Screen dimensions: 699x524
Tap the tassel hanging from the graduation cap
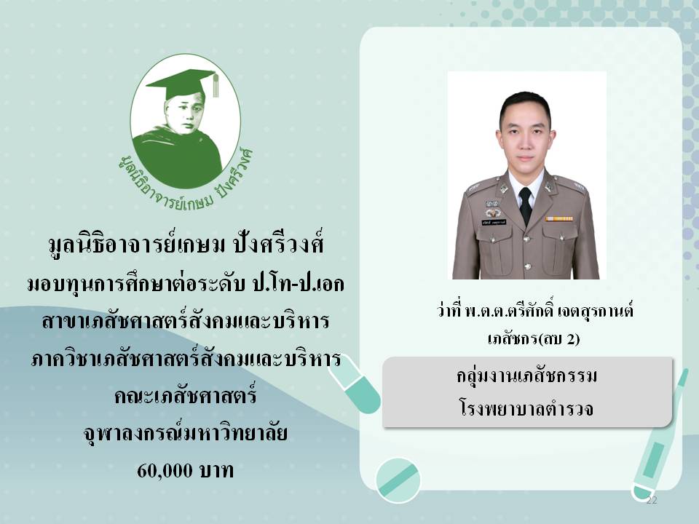coord(216,84)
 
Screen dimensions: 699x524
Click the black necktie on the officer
coord(526,205)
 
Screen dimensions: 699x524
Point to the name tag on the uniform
coord(494,222)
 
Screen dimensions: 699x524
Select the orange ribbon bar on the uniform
coord(559,219)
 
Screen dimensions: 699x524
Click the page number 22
coord(652,501)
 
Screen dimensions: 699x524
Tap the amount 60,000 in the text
coord(165,471)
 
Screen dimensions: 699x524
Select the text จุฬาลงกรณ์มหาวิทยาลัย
coord(186,432)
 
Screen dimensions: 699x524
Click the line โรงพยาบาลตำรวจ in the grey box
coord(526,408)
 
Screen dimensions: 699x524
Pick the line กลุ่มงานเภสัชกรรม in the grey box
coord(526,376)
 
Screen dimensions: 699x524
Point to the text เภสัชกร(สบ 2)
coord(534,339)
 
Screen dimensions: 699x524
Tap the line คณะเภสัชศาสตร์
coord(186,395)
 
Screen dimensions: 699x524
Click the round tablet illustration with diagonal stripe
coord(398,480)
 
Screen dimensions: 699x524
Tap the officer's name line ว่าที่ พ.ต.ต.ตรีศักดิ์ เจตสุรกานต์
coord(535,310)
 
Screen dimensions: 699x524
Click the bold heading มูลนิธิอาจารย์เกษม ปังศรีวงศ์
coord(186,245)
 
